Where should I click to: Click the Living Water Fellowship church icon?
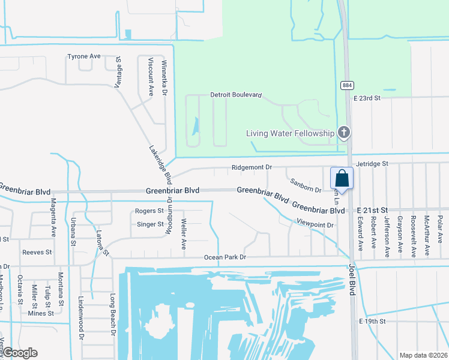click(x=344, y=132)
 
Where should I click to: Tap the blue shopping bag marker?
click(x=342, y=178)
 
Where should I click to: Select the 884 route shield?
click(x=347, y=85)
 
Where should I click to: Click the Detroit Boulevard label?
click(x=236, y=95)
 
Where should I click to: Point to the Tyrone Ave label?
click(x=84, y=56)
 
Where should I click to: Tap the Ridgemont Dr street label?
click(x=252, y=168)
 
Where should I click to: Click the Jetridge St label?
click(x=372, y=163)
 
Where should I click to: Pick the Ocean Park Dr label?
click(x=225, y=257)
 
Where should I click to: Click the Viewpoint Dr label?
click(x=315, y=224)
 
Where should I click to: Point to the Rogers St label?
click(x=149, y=211)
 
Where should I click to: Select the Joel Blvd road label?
click(x=352, y=281)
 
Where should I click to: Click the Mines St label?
click(x=41, y=313)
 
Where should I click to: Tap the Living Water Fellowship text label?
click(x=290, y=133)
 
